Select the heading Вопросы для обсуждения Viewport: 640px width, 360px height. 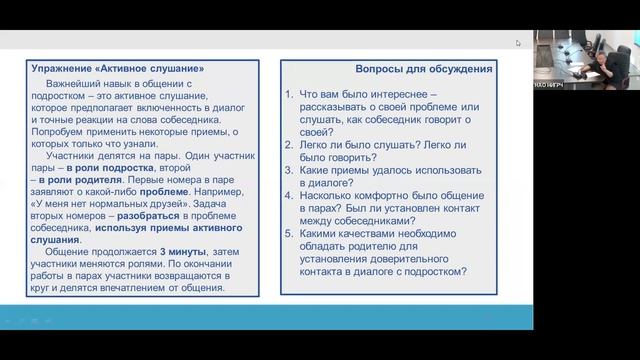point(424,70)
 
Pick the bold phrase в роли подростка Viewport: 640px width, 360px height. point(104,170)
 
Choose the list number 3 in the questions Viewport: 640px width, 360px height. point(289,171)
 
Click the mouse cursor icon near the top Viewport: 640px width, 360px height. point(519,44)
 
